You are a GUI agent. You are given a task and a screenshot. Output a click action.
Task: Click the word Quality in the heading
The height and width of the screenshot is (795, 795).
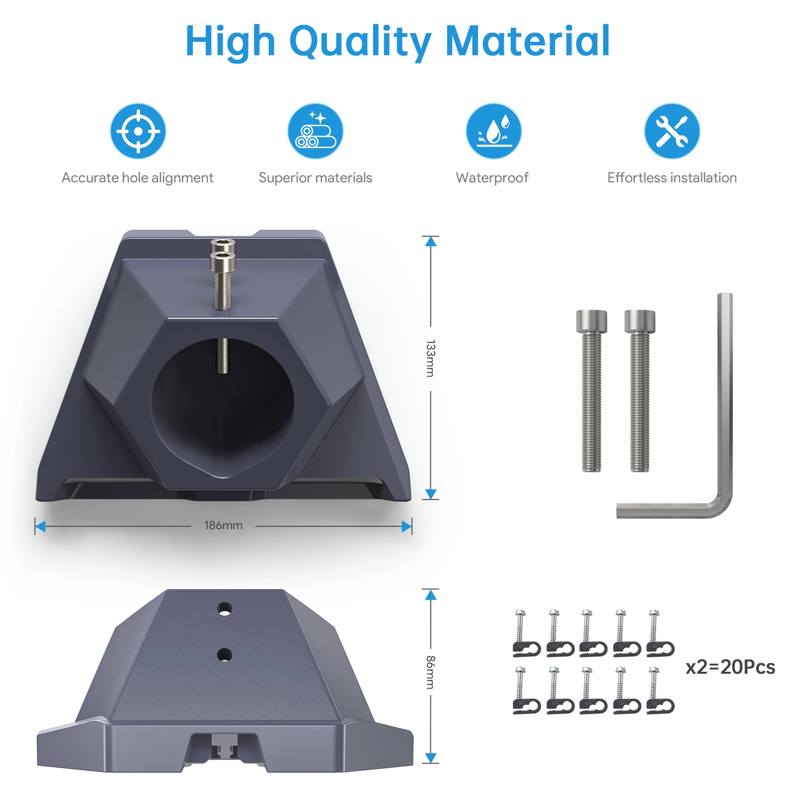(x=360, y=42)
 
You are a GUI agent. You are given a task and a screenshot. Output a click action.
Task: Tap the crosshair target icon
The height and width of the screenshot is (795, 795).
(x=138, y=131)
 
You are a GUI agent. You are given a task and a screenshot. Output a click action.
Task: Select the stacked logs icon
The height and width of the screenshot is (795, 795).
(x=316, y=131)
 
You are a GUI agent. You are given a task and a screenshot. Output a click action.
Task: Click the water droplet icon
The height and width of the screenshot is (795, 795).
(x=493, y=131)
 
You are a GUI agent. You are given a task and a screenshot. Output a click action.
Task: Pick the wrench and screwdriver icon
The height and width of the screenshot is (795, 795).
(x=672, y=131)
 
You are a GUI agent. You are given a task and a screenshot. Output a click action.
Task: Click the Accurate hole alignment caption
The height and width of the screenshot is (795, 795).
(x=138, y=178)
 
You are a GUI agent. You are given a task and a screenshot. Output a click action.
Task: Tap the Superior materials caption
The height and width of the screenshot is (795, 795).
(x=316, y=178)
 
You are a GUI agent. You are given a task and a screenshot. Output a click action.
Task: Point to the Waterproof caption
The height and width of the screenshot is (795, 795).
(x=492, y=178)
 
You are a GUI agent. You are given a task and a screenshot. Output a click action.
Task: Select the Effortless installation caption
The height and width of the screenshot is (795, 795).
(x=672, y=178)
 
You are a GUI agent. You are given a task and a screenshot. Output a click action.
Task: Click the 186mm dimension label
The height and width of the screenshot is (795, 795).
(x=224, y=525)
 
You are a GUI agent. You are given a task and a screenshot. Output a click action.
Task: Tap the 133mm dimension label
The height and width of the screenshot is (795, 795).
(x=430, y=359)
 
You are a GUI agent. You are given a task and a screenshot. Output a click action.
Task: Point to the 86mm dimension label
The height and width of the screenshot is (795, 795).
(x=430, y=672)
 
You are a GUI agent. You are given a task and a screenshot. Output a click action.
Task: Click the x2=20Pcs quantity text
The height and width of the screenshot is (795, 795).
(x=730, y=667)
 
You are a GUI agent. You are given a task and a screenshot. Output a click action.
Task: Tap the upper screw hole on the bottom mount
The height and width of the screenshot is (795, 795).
(x=225, y=609)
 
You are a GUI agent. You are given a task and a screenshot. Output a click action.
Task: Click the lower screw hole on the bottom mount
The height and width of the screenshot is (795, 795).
(x=225, y=654)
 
